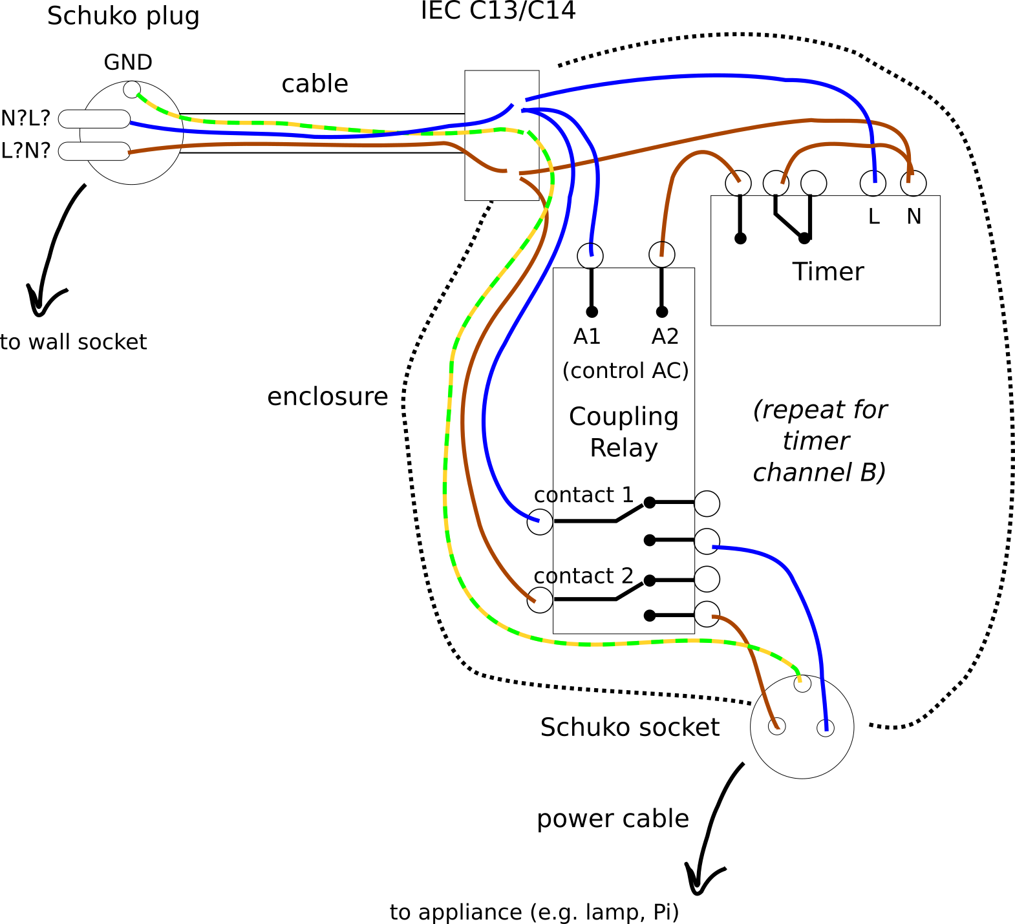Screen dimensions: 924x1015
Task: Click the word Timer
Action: click(828, 272)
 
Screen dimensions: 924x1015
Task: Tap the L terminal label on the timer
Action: click(873, 217)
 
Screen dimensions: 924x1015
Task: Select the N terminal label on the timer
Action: click(913, 217)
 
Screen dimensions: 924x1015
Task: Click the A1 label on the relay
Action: click(587, 337)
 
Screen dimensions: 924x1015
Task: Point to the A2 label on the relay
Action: click(665, 337)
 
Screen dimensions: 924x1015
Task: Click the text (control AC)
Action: click(625, 371)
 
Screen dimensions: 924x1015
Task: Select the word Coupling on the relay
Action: click(623, 417)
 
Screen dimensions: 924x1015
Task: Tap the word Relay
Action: click(623, 448)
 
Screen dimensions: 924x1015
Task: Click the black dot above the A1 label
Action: click(592, 312)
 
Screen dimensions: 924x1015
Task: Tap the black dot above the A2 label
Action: click(661, 312)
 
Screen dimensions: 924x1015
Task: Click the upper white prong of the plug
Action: click(94, 119)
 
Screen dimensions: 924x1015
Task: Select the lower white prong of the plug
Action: click(94, 151)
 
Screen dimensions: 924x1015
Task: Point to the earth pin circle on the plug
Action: click(132, 90)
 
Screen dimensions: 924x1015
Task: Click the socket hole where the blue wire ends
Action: click(826, 728)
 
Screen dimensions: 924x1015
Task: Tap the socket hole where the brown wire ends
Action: click(776, 726)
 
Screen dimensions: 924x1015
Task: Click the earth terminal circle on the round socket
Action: click(802, 684)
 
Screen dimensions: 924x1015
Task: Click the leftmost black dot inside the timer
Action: click(740, 238)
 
